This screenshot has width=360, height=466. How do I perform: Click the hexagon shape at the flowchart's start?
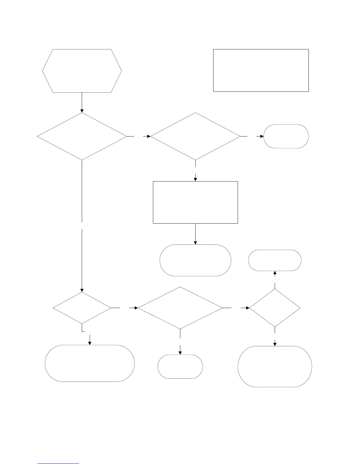coord(82,71)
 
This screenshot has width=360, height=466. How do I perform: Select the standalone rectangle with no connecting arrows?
coord(261,70)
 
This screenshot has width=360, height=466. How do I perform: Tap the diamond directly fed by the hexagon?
coord(82,137)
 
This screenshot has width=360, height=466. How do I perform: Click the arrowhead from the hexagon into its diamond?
coord(82,111)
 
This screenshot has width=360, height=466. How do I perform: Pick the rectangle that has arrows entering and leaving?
coord(195,202)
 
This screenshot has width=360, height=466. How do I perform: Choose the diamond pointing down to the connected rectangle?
coord(195,137)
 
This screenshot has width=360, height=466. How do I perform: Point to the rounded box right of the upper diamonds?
coord(286,136)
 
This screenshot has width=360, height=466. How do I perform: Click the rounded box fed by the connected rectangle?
coord(195,260)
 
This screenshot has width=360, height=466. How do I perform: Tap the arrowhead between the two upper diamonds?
coord(149,137)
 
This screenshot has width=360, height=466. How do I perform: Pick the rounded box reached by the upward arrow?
coord(275,260)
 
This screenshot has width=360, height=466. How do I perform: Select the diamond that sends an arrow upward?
coord(275,308)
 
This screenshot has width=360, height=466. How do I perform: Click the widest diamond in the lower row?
coord(180,308)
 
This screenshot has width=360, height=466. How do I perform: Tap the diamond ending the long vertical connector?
coord(82,308)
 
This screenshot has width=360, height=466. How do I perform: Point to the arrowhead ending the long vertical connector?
coord(82,290)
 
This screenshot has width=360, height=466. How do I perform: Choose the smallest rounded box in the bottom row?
coord(180,366)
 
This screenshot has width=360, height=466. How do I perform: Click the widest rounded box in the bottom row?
coord(90,363)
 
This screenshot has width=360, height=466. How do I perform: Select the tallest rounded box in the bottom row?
coord(275,366)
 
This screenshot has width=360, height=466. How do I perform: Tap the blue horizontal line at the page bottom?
coord(58,464)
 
